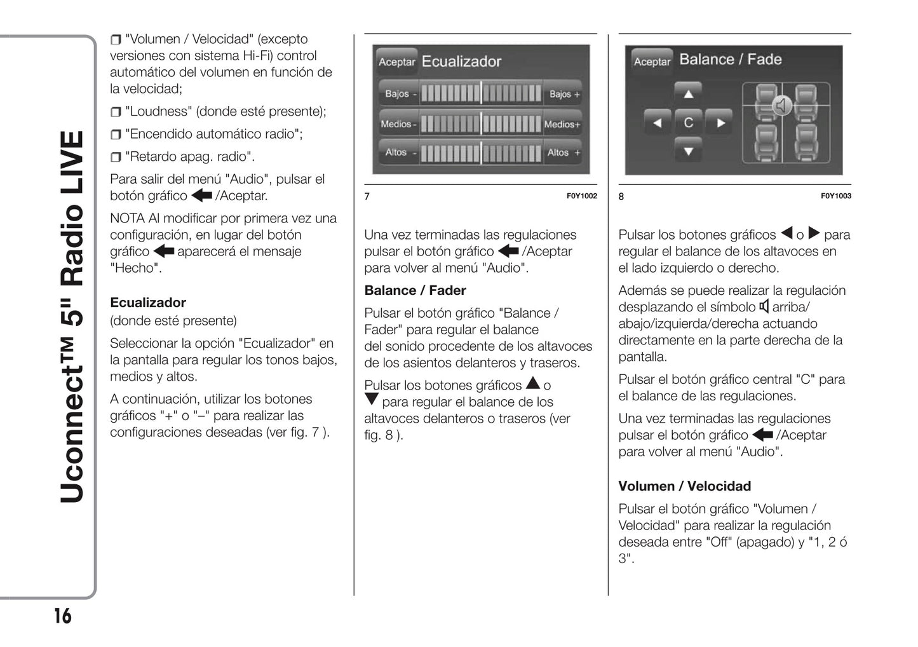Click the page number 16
62,616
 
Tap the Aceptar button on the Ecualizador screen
396,62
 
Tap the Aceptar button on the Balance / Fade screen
652,62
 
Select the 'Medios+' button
562,125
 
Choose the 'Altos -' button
399,153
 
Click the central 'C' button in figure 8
688,123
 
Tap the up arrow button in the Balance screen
688,94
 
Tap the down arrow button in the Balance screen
688,151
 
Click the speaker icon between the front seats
783,105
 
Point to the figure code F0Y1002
581,196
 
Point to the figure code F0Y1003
835,196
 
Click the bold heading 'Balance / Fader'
415,290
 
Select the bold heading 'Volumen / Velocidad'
684,486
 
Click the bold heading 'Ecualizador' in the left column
148,303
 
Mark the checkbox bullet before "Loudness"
116,112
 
